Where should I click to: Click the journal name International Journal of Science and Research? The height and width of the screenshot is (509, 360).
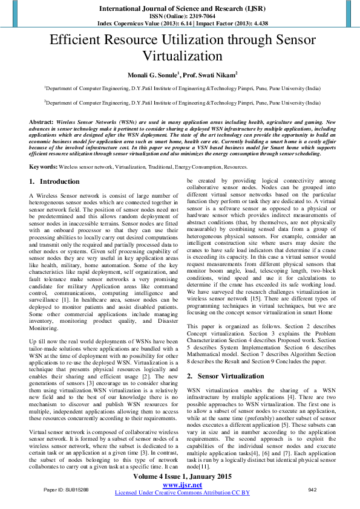point(180,7)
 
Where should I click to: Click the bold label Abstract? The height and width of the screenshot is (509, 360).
point(41,122)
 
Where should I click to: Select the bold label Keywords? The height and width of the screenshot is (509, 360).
point(44,166)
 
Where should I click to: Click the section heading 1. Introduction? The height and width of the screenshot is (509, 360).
point(54,181)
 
